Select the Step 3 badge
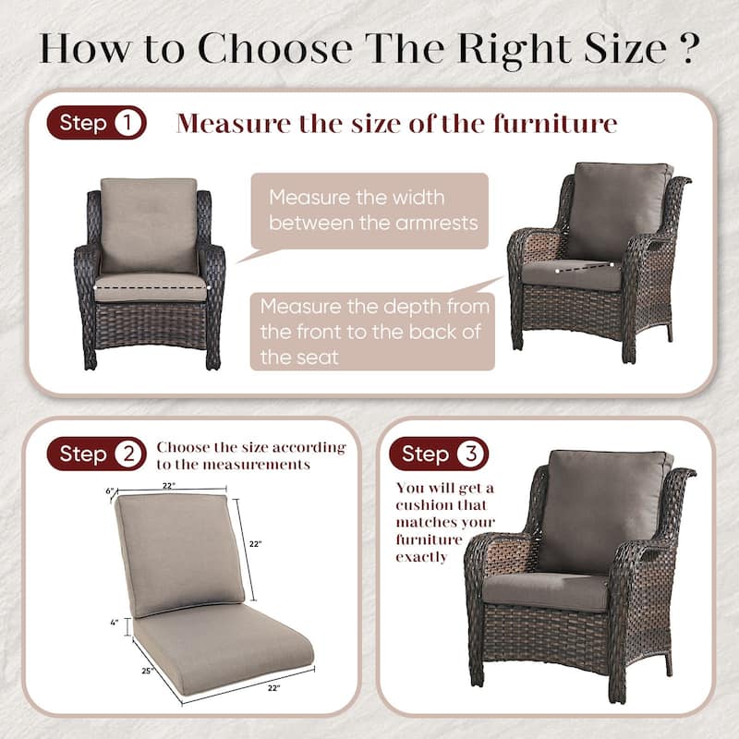coord(438,454)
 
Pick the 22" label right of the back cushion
coord(256,544)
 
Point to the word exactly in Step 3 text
coord(422,557)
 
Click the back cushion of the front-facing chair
coord(149,224)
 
